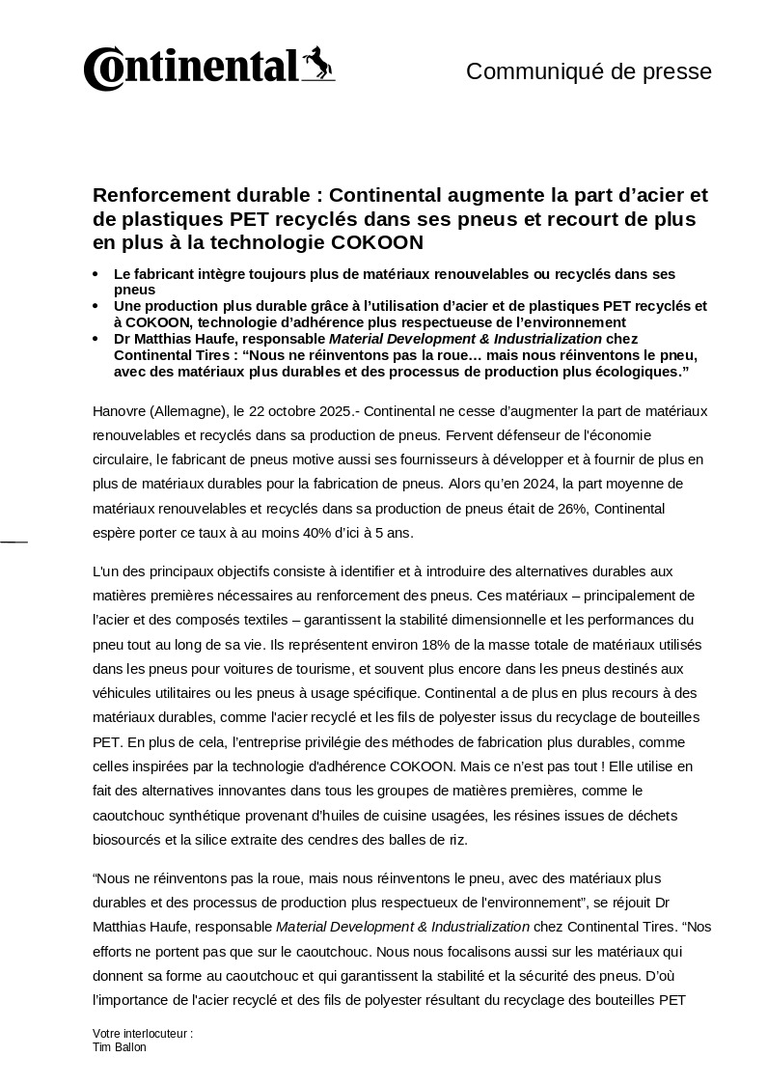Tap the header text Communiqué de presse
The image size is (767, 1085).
589,71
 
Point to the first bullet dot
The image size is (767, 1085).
95,275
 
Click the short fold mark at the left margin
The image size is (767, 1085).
14,542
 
